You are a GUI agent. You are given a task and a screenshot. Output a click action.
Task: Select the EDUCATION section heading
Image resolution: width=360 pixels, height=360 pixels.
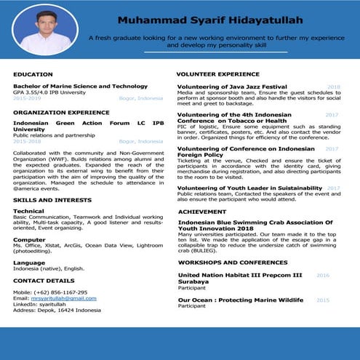[33, 74]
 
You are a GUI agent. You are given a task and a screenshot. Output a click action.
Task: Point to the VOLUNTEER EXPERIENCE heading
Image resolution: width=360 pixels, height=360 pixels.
[217, 74]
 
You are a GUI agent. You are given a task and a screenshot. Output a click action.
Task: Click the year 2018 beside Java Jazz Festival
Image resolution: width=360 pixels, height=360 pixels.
[333, 87]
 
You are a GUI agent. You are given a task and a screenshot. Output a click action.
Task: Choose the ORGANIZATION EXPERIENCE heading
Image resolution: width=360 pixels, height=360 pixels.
[55, 113]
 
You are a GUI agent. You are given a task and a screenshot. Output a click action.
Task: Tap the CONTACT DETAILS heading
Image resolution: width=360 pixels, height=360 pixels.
[44, 280]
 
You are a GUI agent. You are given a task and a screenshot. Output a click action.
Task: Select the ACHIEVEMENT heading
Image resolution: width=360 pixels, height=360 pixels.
[202, 211]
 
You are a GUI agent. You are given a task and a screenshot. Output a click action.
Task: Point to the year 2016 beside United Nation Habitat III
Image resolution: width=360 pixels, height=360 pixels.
[323, 276]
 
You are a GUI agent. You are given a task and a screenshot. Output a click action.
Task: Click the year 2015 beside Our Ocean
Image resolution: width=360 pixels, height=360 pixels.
[323, 300]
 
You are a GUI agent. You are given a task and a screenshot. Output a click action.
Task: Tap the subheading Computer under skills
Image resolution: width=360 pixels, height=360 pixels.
[29, 239]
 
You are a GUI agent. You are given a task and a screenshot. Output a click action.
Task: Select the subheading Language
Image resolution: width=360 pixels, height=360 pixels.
[29, 262]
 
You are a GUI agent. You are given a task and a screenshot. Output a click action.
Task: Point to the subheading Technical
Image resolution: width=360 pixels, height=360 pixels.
[28, 211]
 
